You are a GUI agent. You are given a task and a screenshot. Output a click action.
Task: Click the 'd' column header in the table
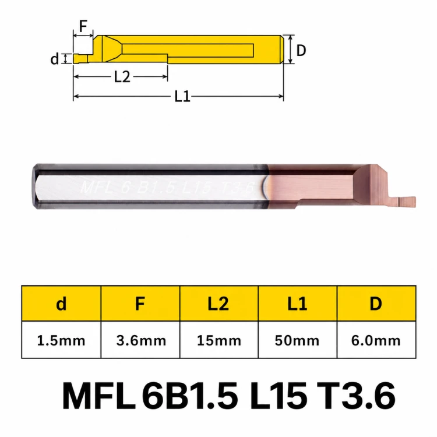(x=61, y=304)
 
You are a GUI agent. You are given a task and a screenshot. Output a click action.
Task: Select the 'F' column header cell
(x=140, y=304)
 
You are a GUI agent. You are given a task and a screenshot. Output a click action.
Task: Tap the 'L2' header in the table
(x=218, y=304)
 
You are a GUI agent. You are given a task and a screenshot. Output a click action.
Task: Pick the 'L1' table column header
(x=297, y=304)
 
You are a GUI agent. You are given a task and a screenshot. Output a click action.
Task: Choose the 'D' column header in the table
(x=376, y=304)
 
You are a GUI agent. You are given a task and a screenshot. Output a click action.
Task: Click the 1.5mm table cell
(x=61, y=340)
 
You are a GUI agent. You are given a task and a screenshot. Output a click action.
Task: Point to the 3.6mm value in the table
(x=140, y=340)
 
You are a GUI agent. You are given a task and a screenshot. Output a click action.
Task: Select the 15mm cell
(x=218, y=340)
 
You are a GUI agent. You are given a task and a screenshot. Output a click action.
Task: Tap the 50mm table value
(x=297, y=340)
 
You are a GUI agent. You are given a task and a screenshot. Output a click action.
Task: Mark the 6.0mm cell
(x=376, y=340)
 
